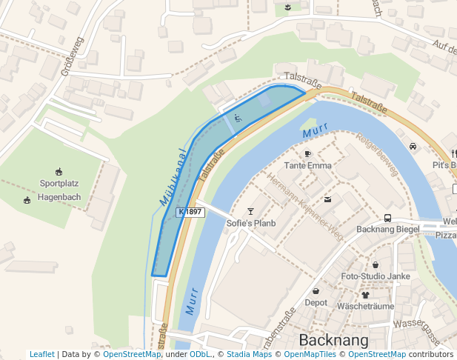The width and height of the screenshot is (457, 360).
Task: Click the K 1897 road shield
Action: (x=190, y=212)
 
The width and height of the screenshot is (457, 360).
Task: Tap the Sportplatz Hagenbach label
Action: (x=60, y=190)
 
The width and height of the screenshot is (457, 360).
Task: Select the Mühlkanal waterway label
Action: (x=173, y=178)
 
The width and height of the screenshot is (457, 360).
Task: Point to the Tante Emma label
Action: (x=308, y=165)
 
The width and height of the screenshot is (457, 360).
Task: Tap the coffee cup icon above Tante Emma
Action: (x=307, y=153)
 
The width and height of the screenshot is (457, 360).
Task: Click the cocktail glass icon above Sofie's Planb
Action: (x=250, y=211)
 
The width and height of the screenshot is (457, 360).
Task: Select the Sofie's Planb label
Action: (x=251, y=223)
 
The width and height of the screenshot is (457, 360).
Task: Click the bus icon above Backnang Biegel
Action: (x=387, y=218)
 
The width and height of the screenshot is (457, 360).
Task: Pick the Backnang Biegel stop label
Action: (x=387, y=230)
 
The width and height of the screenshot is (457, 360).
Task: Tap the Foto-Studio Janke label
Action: (x=376, y=276)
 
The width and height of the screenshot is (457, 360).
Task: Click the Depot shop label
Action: (x=316, y=302)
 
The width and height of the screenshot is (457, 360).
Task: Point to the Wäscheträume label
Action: (x=365, y=306)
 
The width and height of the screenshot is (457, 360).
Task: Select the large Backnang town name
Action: (x=333, y=340)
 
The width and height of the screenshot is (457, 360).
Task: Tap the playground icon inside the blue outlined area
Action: (x=237, y=117)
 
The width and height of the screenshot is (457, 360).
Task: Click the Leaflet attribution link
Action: (x=41, y=355)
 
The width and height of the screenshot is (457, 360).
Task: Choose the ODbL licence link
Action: (x=200, y=355)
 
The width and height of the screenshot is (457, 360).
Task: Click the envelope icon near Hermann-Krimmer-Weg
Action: (x=327, y=199)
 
